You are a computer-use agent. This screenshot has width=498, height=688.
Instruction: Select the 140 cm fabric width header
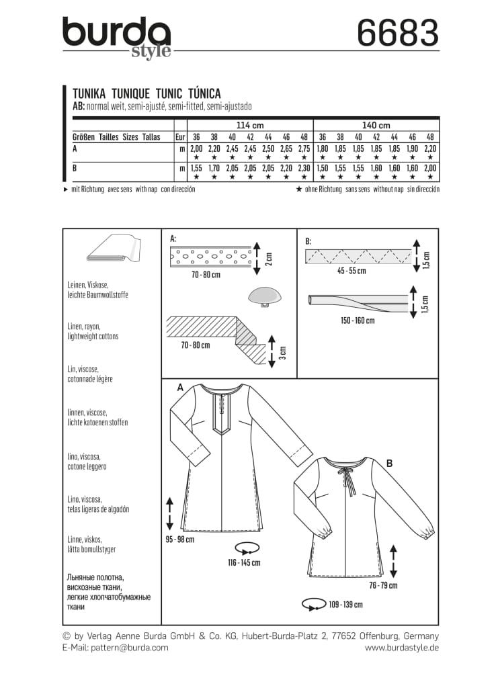[376, 125]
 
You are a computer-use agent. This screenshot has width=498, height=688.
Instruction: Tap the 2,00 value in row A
[196, 148]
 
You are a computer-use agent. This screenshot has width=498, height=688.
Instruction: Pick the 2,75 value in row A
[304, 148]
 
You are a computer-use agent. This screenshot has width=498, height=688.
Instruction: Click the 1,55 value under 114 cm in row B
[196, 169]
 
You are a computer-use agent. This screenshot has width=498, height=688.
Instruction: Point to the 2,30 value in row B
[304, 169]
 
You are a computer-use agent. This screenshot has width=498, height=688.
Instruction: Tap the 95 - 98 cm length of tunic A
[180, 538]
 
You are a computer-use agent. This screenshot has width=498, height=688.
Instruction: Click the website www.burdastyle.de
[402, 648]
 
